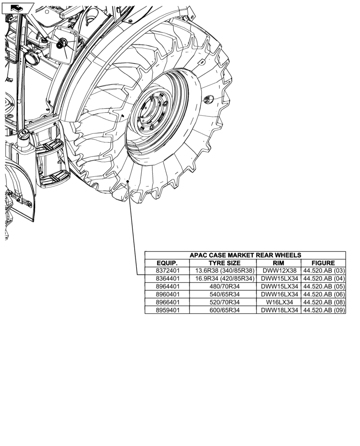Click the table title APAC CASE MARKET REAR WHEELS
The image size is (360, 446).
pos(245,255)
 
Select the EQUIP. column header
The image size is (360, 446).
pos(167,263)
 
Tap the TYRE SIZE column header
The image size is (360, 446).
pos(224,263)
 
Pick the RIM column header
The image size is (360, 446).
pos(278,263)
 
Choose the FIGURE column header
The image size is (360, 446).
pos(323,263)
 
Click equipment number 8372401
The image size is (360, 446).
pos(167,271)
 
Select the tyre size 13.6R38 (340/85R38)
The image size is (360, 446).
pos(224,271)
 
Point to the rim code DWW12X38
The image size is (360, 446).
pos(278,271)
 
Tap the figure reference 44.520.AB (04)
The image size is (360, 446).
pos(324,279)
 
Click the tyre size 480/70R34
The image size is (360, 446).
pos(224,286)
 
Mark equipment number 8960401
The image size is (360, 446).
pos(167,294)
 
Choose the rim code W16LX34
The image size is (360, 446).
pos(278,302)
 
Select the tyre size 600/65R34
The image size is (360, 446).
pos(224,310)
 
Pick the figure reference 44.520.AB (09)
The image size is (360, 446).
pos(324,310)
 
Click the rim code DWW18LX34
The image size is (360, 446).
pos(278,310)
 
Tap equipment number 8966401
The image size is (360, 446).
pos(167,302)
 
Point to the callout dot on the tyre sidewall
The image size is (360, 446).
pos(128,181)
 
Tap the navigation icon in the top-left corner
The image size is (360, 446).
pos(16,7)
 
